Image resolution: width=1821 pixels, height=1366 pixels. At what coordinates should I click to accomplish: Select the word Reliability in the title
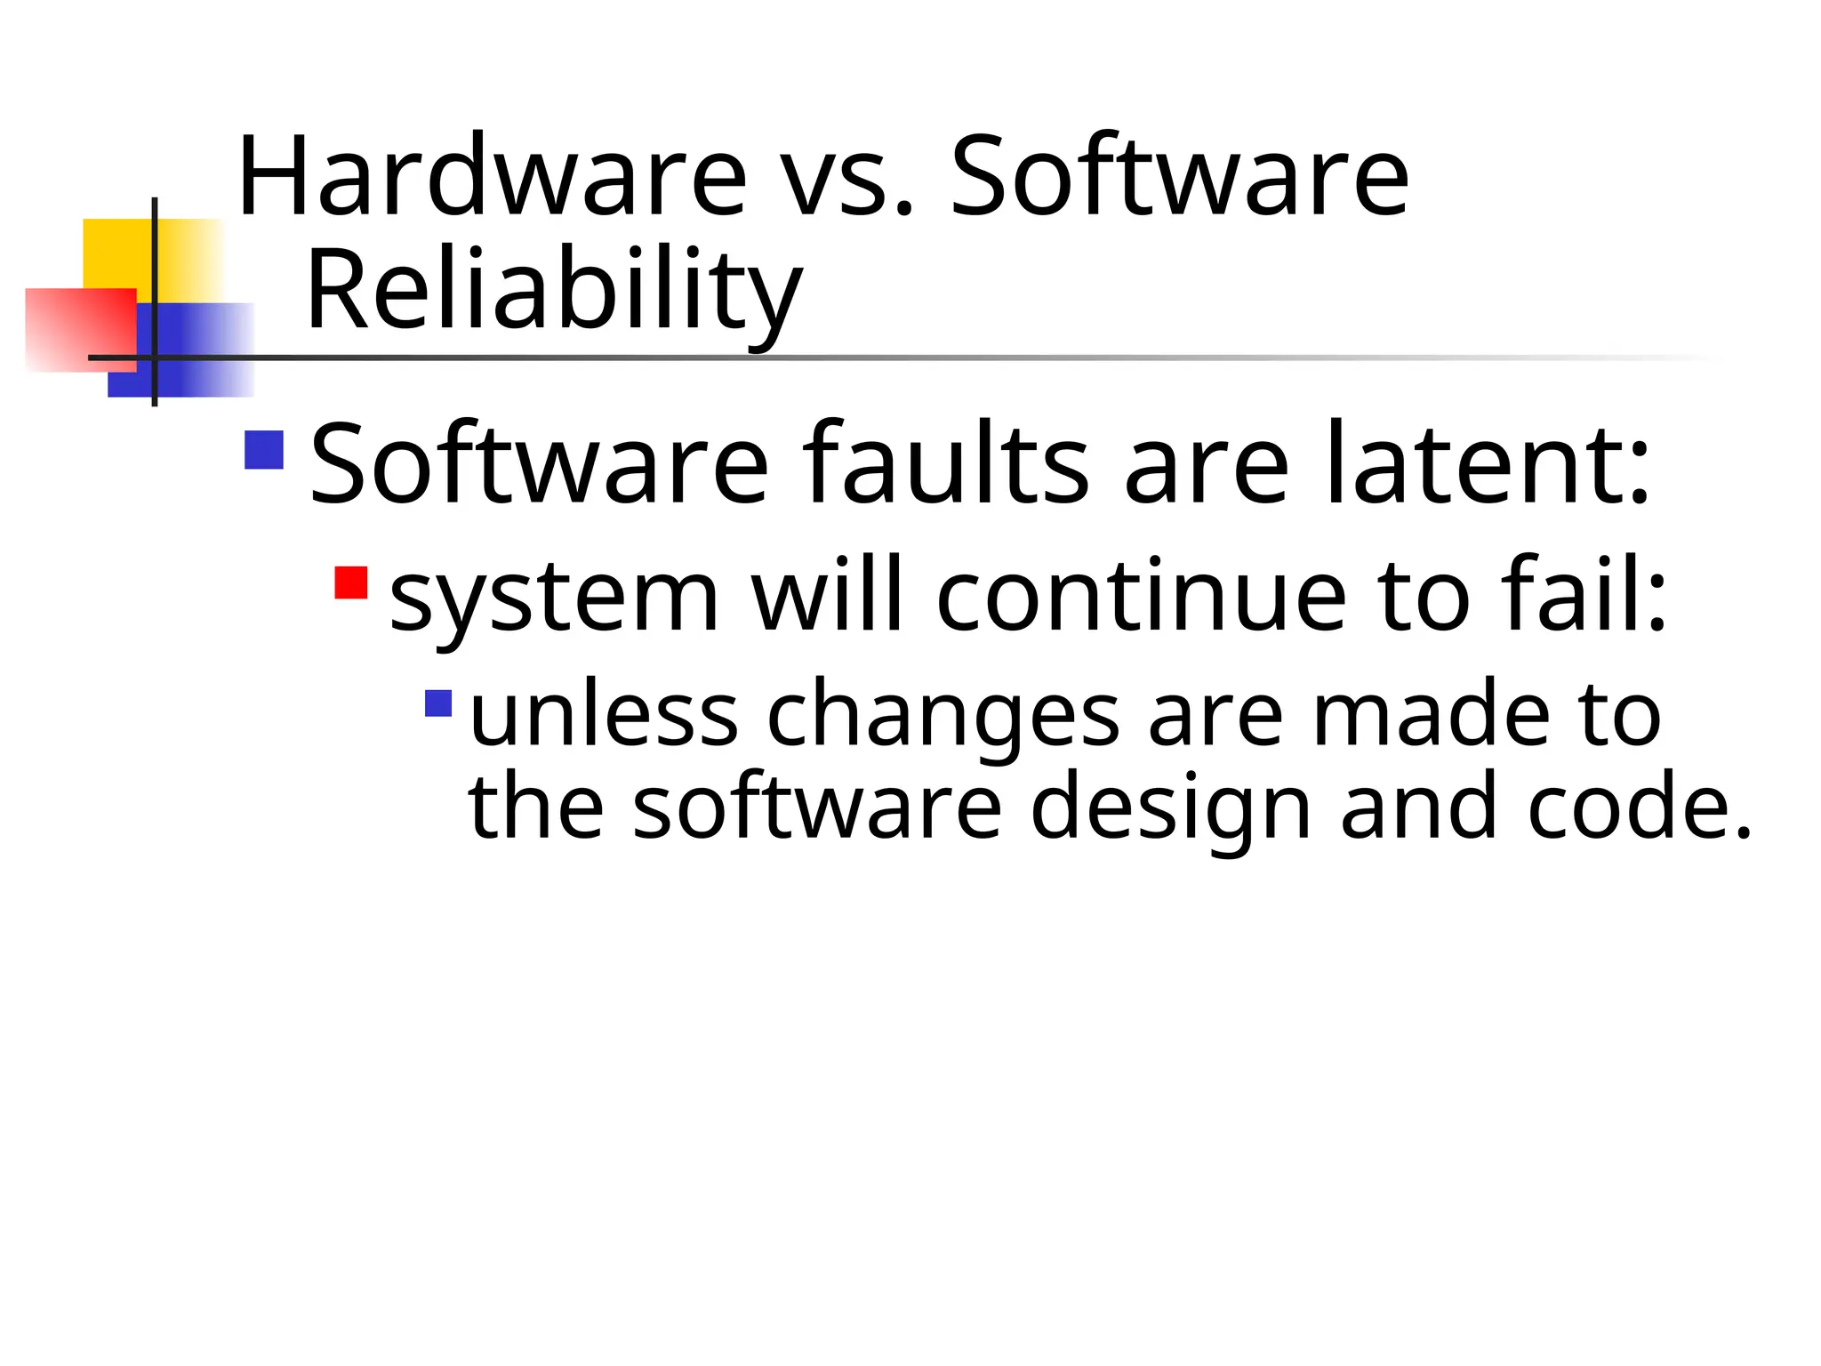point(554,291)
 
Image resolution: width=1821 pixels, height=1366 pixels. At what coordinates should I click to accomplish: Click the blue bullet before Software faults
point(264,450)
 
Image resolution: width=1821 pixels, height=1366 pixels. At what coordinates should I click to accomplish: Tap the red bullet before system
point(351,583)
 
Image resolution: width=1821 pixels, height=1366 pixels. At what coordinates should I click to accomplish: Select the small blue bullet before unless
point(439,703)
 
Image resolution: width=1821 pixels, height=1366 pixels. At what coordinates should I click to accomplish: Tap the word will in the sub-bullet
point(827,593)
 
